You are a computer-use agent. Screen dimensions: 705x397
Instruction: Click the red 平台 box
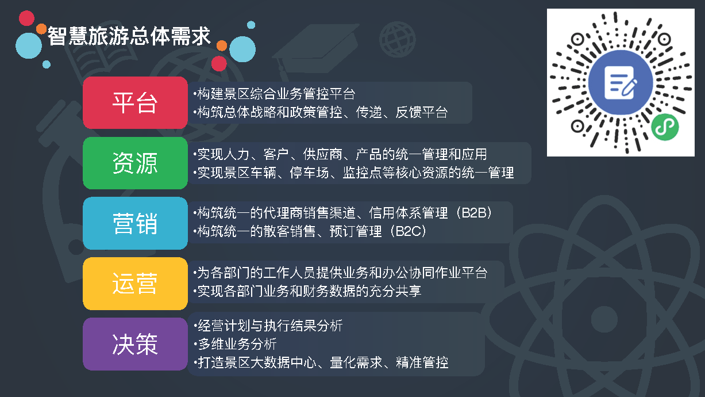pyautogui.click(x=136, y=103)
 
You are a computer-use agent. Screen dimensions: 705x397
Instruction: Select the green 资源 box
pyautogui.click(x=136, y=163)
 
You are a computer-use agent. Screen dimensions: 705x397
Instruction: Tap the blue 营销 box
pyautogui.click(x=136, y=223)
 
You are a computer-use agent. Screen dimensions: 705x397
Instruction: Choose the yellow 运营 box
pyautogui.click(x=136, y=284)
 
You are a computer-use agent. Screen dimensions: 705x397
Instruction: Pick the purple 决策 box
pyautogui.click(x=136, y=344)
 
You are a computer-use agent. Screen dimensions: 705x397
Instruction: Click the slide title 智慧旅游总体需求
pyautogui.click(x=129, y=36)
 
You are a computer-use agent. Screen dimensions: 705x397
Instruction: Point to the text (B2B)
pyautogui.click(x=474, y=213)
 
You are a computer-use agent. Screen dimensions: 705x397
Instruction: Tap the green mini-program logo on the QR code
pyautogui.click(x=665, y=127)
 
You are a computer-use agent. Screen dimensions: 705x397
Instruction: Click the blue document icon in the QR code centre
pyautogui.click(x=621, y=82)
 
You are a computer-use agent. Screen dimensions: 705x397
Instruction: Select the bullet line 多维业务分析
pyautogui.click(x=236, y=343)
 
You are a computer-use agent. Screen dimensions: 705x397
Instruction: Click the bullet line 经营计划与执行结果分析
pyautogui.click(x=268, y=326)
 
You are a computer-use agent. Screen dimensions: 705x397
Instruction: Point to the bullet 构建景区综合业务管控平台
pyautogui.click(x=274, y=94)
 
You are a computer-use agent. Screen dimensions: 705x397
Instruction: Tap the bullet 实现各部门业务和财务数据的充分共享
pyautogui.click(x=307, y=291)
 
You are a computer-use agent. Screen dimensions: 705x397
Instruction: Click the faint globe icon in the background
pyautogui.click(x=397, y=39)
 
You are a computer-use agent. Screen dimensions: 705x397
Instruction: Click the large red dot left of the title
pyautogui.click(x=27, y=18)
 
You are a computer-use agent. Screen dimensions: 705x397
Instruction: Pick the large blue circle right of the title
pyautogui.click(x=242, y=49)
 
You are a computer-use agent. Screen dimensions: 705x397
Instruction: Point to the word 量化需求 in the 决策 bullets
pyautogui.click(x=356, y=362)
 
